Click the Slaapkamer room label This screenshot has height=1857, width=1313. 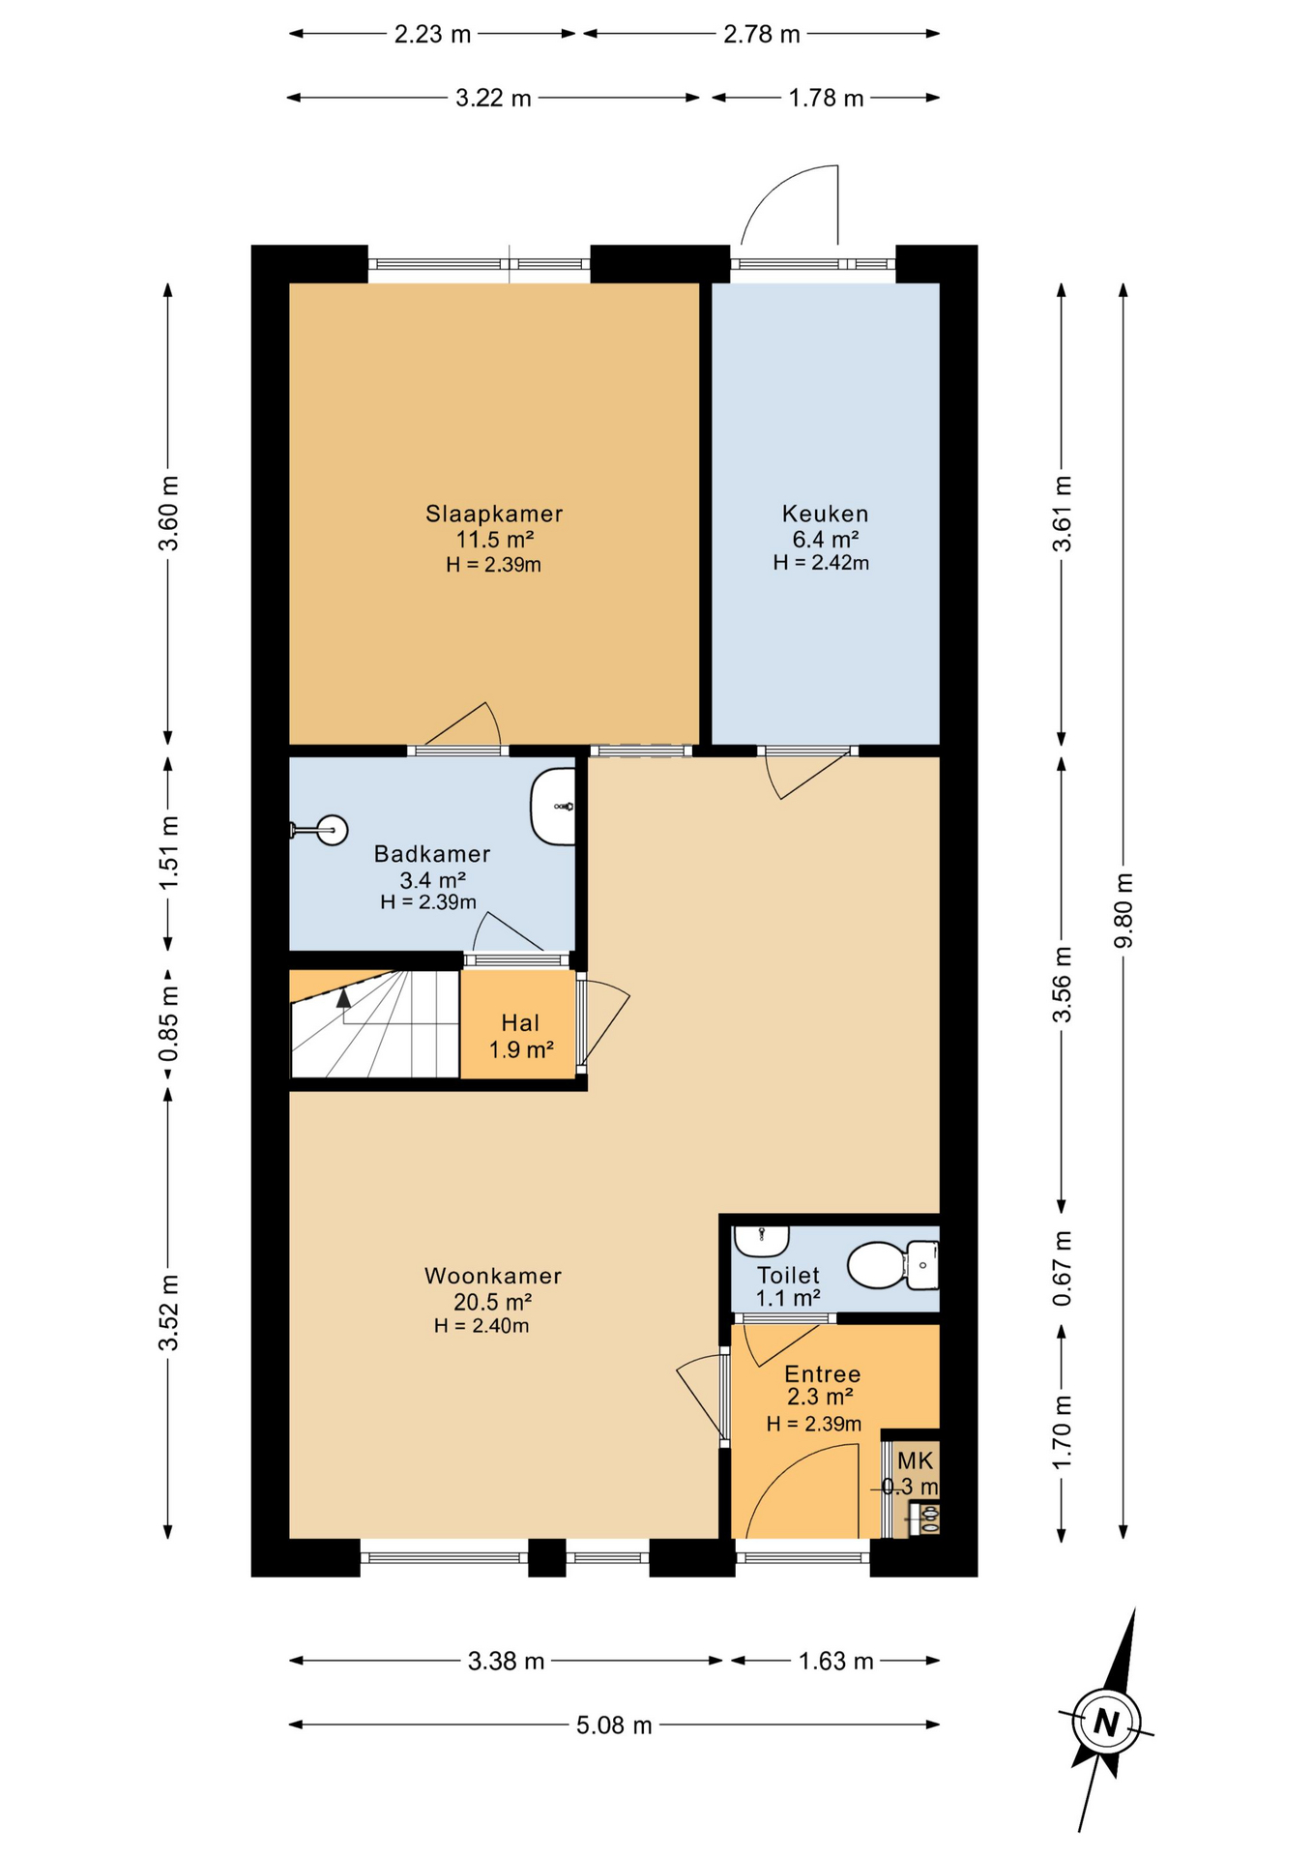[x=494, y=514]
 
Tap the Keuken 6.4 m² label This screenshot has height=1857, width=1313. [x=825, y=526]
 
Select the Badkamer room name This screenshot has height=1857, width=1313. [x=432, y=854]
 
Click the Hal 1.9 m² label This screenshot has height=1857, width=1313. [x=520, y=1036]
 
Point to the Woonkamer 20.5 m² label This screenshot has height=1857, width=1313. [x=493, y=1288]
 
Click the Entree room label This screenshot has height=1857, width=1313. [x=822, y=1374]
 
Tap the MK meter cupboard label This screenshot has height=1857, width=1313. [x=915, y=1460]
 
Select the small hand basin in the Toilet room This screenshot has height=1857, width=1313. [x=761, y=1238]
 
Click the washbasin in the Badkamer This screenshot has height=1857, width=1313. [x=553, y=806]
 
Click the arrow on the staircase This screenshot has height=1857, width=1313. [x=343, y=999]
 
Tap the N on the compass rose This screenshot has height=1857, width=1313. [x=1106, y=1723]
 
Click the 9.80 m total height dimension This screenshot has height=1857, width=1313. [x=1123, y=910]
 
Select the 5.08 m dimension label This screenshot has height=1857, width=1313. [x=614, y=1725]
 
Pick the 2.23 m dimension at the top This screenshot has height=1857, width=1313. [x=432, y=35]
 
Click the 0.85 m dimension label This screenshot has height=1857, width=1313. [x=168, y=1022]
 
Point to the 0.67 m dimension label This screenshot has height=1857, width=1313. [x=1062, y=1268]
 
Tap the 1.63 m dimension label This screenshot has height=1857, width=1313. [x=835, y=1662]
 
